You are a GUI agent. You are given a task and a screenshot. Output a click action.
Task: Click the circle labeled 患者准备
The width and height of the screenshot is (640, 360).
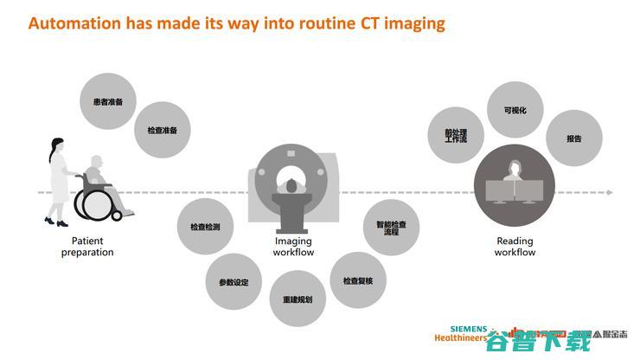[x=107, y=102]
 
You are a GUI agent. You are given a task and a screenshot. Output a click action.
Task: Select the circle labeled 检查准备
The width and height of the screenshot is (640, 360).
[x=162, y=131]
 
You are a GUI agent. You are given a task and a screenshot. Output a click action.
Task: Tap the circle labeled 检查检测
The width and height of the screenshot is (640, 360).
[x=204, y=227]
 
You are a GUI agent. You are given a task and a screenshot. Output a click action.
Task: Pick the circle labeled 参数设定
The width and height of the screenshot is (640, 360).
[x=234, y=282]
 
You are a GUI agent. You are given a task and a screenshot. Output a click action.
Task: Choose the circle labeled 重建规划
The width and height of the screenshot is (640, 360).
[x=298, y=299]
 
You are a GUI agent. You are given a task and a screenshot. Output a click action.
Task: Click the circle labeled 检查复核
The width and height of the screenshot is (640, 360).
[x=358, y=280]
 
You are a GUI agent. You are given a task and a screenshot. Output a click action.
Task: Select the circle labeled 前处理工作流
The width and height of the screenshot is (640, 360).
[x=456, y=135]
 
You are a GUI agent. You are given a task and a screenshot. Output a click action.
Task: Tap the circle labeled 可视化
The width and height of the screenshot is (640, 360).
[x=515, y=111]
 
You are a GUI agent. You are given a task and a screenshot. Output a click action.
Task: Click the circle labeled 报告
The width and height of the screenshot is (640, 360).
[x=573, y=138]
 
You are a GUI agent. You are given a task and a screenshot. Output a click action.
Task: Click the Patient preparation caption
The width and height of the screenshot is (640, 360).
[x=87, y=247]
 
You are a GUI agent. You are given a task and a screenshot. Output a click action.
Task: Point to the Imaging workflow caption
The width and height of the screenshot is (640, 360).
[x=293, y=247]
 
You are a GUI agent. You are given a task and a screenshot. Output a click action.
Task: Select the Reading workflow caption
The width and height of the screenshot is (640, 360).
[x=515, y=247]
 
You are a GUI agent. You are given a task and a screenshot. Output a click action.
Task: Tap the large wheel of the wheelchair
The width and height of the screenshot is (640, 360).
[x=93, y=202]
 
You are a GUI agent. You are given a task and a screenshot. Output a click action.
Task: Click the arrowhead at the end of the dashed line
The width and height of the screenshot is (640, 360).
[x=610, y=192]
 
